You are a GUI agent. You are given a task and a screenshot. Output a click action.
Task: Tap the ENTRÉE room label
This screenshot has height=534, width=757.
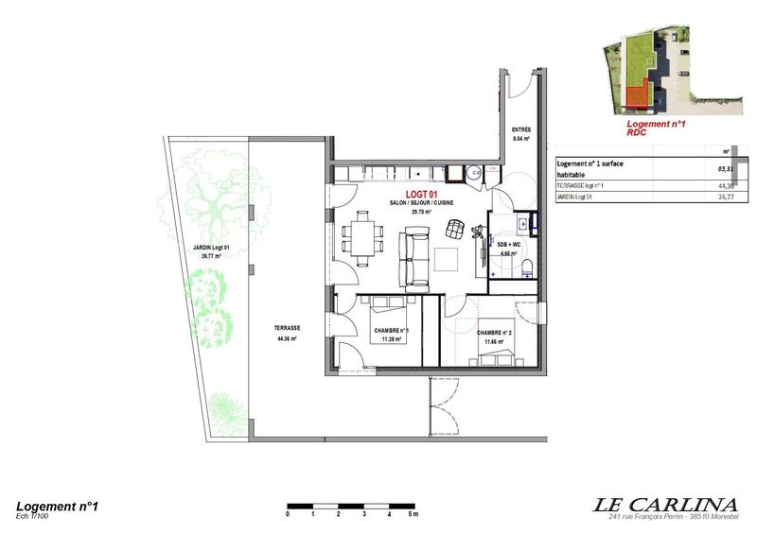(x=520, y=129)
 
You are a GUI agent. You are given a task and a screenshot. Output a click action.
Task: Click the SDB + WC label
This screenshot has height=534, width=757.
(x=510, y=245)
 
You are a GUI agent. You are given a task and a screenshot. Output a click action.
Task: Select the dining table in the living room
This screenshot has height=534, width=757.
(x=363, y=236)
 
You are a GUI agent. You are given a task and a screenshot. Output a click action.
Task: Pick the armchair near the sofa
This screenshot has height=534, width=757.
(x=457, y=228)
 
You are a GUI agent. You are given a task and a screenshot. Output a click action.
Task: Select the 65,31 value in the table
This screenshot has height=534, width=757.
(x=726, y=170)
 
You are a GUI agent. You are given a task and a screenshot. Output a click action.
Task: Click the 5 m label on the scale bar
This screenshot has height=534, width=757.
(x=414, y=516)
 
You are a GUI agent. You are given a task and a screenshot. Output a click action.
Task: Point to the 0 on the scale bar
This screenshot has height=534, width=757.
(x=287, y=516)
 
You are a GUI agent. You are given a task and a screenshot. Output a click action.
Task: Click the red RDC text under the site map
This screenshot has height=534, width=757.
(x=641, y=133)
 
